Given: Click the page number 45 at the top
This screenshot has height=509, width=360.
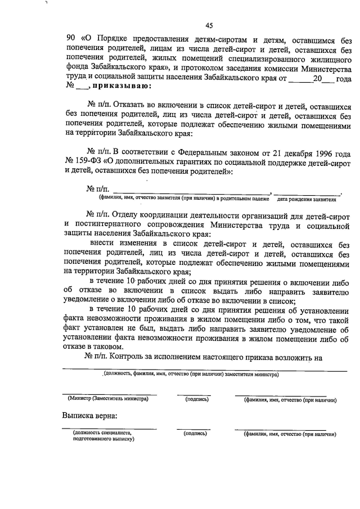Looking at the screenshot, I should click(x=209, y=25).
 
